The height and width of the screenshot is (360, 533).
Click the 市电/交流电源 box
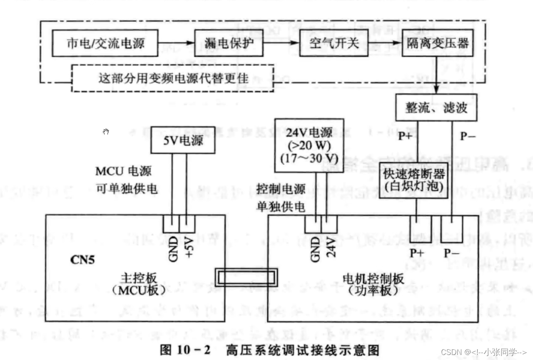pyautogui.click(x=105, y=44)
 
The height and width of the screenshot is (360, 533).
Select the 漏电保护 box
pyautogui.click(x=229, y=44)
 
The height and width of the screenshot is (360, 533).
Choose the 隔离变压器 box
pyautogui.click(x=438, y=44)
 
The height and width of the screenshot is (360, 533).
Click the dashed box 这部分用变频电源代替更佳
pyautogui.click(x=173, y=78)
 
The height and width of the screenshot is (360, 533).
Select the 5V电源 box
pyautogui.click(x=183, y=139)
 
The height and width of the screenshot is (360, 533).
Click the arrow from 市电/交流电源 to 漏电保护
pyautogui.click(x=176, y=44)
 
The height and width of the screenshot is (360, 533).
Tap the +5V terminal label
pyautogui.click(x=188, y=248)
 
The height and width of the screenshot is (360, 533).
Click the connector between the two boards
pyautogui.click(x=246, y=277)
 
